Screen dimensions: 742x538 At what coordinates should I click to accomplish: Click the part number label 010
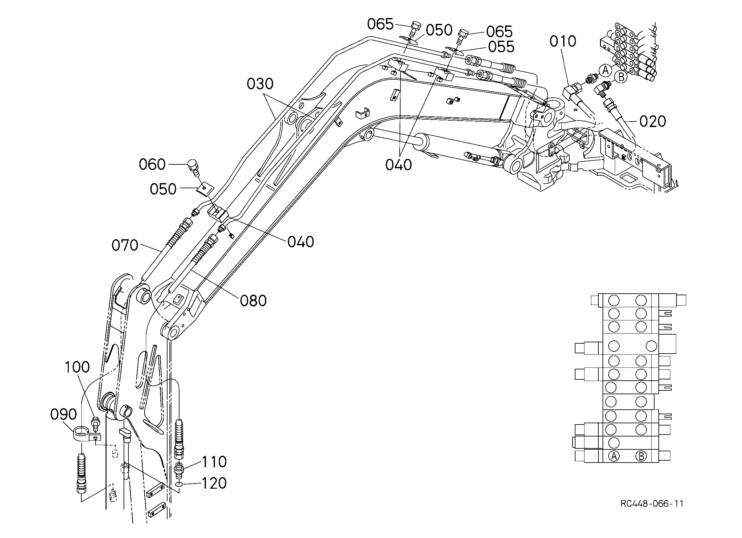(563, 41)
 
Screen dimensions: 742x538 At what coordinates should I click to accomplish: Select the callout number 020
(653, 121)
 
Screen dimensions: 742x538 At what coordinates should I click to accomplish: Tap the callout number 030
(260, 84)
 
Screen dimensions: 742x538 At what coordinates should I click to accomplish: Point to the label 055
(501, 47)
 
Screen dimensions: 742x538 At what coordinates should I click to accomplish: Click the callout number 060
(152, 164)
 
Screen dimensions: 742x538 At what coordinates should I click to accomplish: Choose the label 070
(125, 245)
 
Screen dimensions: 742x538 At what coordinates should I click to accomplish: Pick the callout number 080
(253, 301)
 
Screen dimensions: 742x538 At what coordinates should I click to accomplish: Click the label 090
(64, 415)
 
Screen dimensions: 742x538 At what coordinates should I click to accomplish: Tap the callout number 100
(77, 367)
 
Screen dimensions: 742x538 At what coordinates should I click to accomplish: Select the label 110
(214, 462)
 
